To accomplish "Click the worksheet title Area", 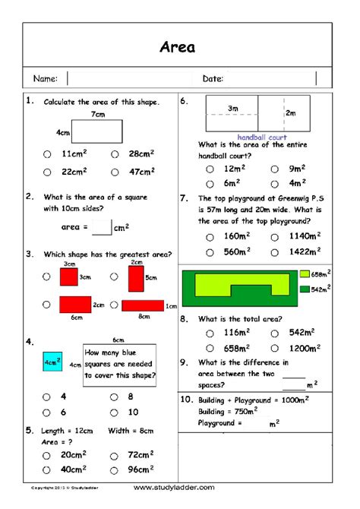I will coord(178,47).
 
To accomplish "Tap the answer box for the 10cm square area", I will coord(101,226).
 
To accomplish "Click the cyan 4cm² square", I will coord(52,362).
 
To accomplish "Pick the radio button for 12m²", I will coord(210,169).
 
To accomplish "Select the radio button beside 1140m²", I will coord(274,236).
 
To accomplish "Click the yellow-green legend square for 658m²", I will coord(305,273).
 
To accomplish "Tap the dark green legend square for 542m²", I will coord(305,289).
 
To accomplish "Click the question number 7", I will coord(184,198).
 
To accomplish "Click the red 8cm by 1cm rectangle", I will coord(143,305).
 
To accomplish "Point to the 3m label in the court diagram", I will coord(232,109).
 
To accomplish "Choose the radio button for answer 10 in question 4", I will coord(115,413).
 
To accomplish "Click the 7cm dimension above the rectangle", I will coord(97,114).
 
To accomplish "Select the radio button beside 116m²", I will coord(210,333).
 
